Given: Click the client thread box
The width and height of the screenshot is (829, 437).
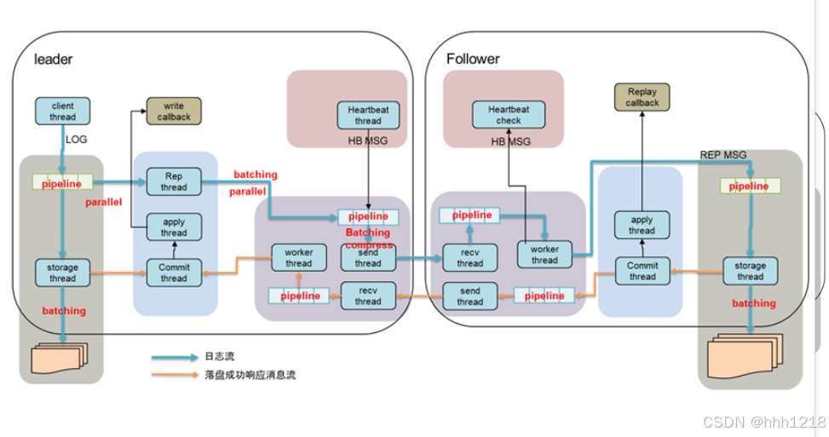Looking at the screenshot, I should pyautogui.click(x=63, y=112).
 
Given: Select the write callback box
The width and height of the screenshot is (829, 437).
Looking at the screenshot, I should pyautogui.click(x=174, y=111).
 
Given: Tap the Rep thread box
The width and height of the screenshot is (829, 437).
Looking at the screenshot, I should pyautogui.click(x=174, y=181).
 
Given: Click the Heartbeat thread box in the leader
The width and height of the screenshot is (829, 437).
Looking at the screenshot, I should pyautogui.click(x=368, y=115).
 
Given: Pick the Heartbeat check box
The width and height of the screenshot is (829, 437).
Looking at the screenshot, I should pyautogui.click(x=509, y=115).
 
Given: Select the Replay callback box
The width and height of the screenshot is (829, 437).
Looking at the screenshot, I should pyautogui.click(x=642, y=97).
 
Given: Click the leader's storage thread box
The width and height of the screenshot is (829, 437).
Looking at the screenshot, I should pyautogui.click(x=63, y=273).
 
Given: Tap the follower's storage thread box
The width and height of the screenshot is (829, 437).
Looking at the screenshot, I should pyautogui.click(x=750, y=271).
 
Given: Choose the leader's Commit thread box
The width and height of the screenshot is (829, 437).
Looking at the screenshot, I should pyautogui.click(x=174, y=273).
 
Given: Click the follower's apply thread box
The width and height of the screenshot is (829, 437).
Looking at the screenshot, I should pyautogui.click(x=642, y=226).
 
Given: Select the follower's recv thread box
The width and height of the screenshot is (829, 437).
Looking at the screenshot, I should pyautogui.click(x=469, y=258).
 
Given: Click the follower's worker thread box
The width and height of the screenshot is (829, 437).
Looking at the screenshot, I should pyautogui.click(x=544, y=255).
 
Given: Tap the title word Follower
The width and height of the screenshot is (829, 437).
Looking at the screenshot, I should pyautogui.click(x=473, y=59).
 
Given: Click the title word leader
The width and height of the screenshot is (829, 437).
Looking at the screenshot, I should pyautogui.click(x=53, y=60).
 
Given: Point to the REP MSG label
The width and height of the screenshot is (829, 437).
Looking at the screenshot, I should pyautogui.click(x=722, y=154).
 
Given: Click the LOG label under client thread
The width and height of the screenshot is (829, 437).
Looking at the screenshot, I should pyautogui.click(x=77, y=138).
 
